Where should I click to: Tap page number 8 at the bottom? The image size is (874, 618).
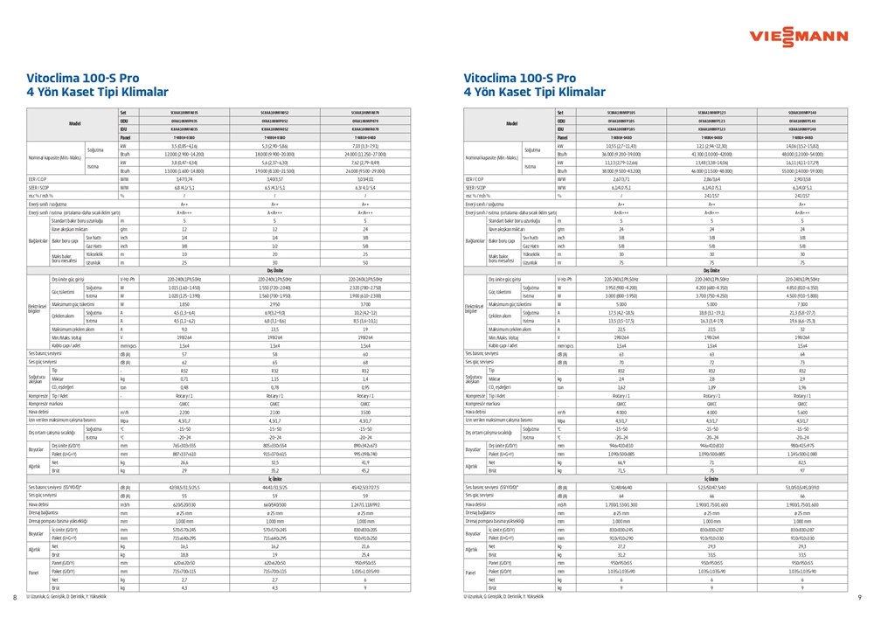click(16, 597)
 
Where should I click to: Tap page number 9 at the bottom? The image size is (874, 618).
click(860, 597)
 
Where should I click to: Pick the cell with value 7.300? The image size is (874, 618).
click(802, 302)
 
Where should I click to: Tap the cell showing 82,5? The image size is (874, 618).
click(802, 462)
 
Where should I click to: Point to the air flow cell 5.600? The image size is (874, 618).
click(802, 412)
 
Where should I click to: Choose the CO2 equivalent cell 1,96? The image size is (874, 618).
click(802, 386)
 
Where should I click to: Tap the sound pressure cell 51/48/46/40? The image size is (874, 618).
click(621, 487)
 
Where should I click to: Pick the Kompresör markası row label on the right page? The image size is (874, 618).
click(489, 405)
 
